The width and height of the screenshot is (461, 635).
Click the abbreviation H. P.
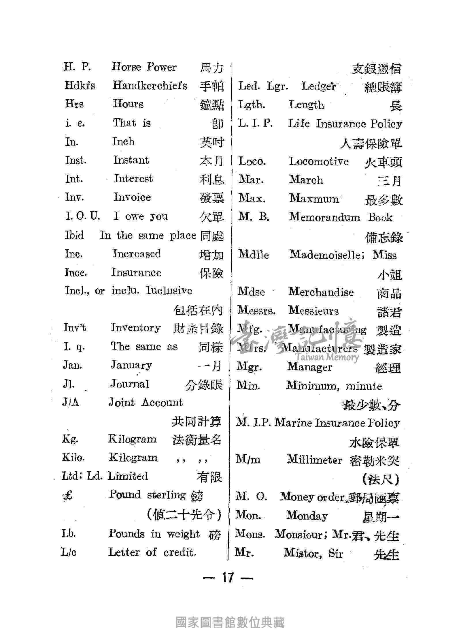point(77,67)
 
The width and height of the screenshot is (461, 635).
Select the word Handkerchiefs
point(150,85)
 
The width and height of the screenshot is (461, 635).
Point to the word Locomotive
point(318,161)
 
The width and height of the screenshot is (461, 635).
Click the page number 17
point(227,578)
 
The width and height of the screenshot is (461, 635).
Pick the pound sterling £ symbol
point(68,496)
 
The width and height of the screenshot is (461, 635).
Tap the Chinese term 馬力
point(211,68)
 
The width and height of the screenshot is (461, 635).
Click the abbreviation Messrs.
point(256,311)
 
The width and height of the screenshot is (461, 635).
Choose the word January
point(131,365)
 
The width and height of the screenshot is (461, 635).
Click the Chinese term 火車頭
point(383,163)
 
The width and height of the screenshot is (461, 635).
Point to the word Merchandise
point(321,292)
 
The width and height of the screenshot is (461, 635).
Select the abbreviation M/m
point(248,459)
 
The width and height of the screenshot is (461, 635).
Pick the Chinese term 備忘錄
point(384,238)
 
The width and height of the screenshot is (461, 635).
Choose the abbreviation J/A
point(71,403)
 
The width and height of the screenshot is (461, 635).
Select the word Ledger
point(318,87)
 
